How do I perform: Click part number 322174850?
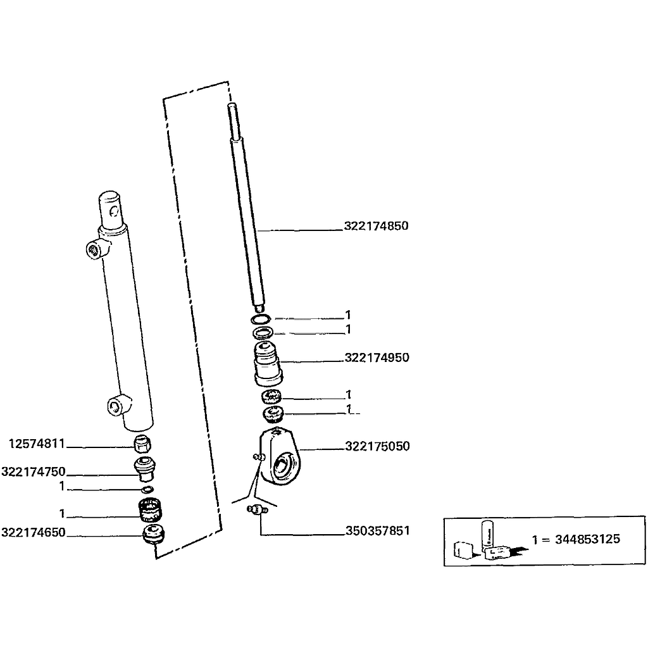[377, 226]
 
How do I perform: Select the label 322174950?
[377, 358]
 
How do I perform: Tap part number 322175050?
[377, 446]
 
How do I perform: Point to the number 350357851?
[377, 530]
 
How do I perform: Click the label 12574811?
[37, 444]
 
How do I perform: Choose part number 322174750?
[34, 472]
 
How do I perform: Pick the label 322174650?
[34, 532]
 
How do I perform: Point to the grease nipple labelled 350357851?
[256, 509]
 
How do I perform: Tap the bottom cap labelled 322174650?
[152, 533]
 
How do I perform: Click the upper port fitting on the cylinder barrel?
[94, 249]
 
